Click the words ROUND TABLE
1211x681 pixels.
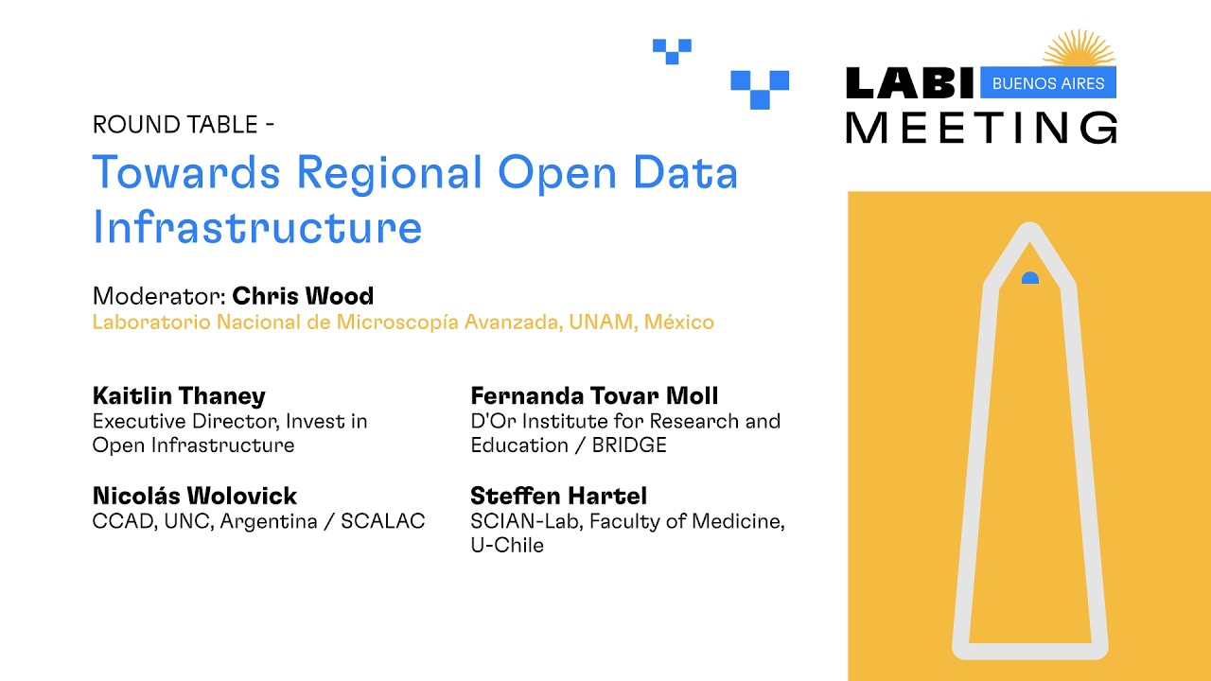click(x=174, y=125)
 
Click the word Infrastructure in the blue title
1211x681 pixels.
click(x=256, y=227)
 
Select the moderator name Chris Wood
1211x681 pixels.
click(x=303, y=296)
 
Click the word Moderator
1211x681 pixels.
click(x=158, y=296)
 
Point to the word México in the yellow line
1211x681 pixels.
click(x=679, y=323)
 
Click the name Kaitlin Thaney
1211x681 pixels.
click(x=179, y=395)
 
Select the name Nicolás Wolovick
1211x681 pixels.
click(x=195, y=496)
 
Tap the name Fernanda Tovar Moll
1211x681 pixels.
click(x=594, y=395)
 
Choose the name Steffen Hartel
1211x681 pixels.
click(x=558, y=496)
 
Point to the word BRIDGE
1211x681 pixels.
click(x=629, y=445)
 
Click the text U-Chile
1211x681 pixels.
click(x=507, y=546)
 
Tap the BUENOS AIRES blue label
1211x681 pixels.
click(x=1048, y=83)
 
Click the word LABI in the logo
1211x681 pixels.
click(x=909, y=83)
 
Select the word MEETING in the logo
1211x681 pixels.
click(x=981, y=127)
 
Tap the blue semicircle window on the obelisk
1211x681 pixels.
click(x=1030, y=278)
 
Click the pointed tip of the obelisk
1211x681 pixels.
click(x=1029, y=230)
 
